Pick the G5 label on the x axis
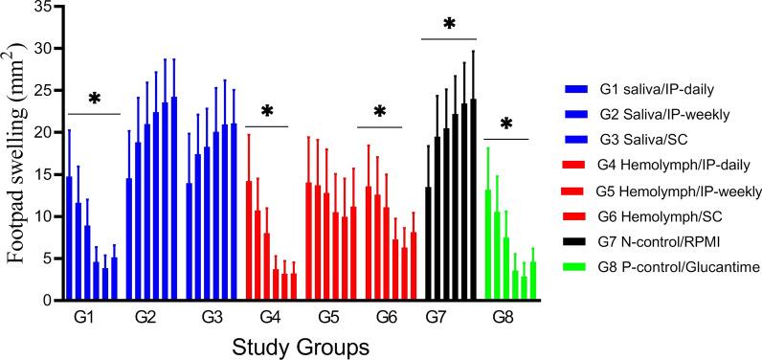click(328, 315)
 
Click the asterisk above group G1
click(94, 101)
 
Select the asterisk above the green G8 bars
click(506, 125)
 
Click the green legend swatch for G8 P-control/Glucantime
click(577, 272)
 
